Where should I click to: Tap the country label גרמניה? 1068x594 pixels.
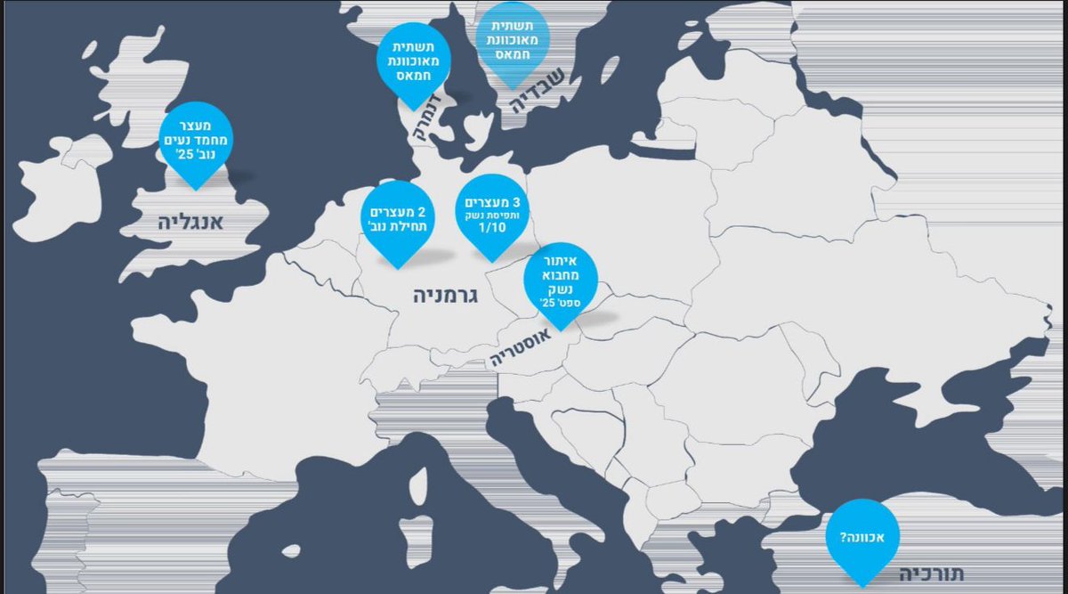(446, 296)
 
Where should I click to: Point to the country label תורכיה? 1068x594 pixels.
(931, 574)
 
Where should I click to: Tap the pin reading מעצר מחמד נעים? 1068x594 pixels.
(194, 142)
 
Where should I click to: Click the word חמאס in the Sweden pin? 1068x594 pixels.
(512, 55)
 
